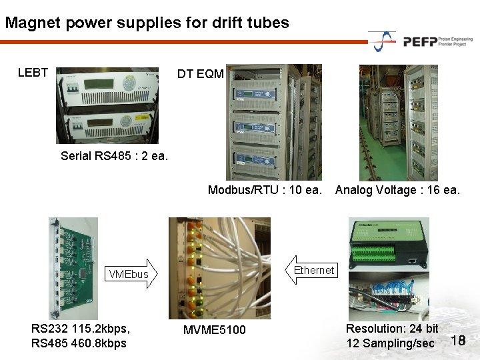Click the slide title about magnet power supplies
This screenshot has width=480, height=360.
tap(147, 23)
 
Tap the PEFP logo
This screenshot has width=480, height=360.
tap(420, 41)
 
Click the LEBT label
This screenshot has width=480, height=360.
tap(33, 73)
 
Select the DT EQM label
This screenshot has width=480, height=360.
tap(200, 74)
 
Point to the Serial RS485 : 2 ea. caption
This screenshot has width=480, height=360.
tap(114, 156)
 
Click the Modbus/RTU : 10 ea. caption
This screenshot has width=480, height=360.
tap(265, 190)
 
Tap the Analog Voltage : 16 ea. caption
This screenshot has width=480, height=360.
tap(397, 190)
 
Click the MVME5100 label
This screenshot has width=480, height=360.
tap(215, 330)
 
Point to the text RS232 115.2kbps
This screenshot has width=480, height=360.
tap(81, 329)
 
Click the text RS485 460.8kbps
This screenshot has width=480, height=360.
tap(79, 343)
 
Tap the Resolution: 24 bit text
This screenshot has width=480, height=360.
tap(392, 329)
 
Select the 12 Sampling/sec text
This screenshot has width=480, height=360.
tap(390, 343)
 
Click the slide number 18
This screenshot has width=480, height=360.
tap(457, 341)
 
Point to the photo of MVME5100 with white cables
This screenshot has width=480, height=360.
tap(220, 267)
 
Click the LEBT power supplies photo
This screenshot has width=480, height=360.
tap(107, 104)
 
